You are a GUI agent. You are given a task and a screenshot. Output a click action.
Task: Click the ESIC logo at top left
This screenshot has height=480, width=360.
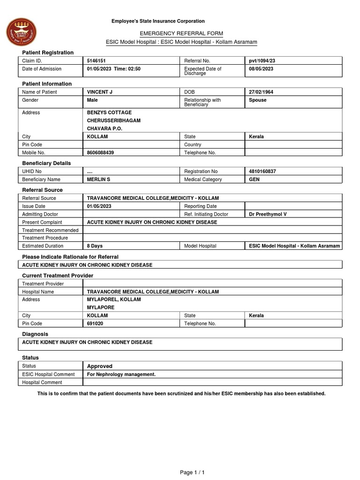tap(20, 32)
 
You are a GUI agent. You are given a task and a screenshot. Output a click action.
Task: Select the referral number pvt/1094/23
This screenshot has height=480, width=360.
tap(266, 61)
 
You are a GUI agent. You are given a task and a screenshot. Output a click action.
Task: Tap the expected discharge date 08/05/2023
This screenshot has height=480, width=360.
tap(261, 69)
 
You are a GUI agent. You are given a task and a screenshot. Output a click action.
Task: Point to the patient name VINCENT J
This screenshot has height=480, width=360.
tap(100, 92)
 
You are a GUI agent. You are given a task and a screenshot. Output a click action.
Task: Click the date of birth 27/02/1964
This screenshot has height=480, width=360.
tap(261, 92)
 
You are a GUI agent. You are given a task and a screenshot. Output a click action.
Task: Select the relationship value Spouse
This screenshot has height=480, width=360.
tap(258, 100)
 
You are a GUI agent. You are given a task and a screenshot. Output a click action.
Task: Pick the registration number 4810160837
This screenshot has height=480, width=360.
tap(262, 172)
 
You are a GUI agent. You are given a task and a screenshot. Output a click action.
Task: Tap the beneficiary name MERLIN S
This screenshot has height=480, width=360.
tap(99, 180)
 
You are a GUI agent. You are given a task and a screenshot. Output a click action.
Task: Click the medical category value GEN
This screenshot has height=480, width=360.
tap(255, 180)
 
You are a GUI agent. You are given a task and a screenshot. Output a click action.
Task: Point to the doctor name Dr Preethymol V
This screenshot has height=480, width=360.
tap(268, 214)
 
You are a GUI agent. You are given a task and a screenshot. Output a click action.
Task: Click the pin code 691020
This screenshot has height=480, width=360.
tap(96, 323)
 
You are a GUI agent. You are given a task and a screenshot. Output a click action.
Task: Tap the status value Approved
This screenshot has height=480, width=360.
tap(100, 366)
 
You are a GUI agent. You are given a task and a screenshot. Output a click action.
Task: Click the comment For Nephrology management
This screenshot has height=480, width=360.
tap(121, 375)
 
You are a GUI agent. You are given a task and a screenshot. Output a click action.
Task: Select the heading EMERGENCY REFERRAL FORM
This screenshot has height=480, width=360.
tap(181, 33)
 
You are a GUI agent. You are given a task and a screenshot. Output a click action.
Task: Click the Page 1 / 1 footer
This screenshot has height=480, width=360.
tap(193, 472)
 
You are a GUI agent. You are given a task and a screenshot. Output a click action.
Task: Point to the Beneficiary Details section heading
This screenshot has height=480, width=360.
tap(46, 163)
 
